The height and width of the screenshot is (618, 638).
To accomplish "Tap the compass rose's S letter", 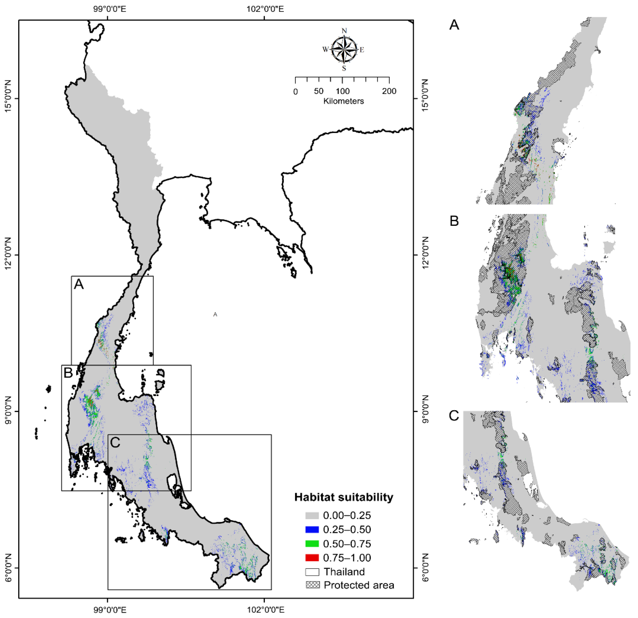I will point(344,69).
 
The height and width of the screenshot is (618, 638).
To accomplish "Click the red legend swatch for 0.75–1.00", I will point(312,558).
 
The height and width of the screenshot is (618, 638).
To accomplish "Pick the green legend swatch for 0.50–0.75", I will point(312,544).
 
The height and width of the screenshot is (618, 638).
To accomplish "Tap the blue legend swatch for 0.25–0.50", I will point(312,529).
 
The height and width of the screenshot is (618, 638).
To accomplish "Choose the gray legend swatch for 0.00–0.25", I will point(312,515).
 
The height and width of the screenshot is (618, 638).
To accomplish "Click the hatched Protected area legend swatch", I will point(312,585).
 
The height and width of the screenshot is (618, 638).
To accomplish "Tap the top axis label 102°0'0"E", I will point(265,9).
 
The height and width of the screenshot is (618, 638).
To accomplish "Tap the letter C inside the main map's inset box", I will point(115,442).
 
